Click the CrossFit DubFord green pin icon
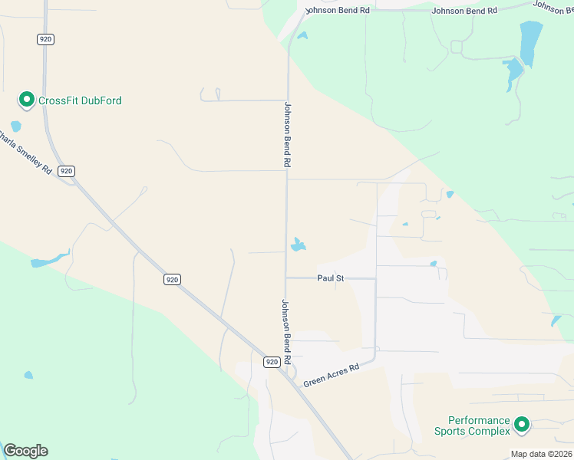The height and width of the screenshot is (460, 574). (26, 100)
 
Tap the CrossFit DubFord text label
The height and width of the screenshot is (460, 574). (80, 100)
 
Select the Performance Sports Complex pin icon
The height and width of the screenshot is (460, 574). (522, 424)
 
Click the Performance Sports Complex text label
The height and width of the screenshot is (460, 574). (479, 426)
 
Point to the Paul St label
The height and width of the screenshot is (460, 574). (331, 278)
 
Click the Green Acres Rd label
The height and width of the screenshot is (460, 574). (331, 374)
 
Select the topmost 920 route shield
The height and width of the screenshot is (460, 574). (45, 38)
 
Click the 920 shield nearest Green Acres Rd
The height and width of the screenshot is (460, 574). (272, 361)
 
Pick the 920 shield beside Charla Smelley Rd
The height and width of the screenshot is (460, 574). (67, 171)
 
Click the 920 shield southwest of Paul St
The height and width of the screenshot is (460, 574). (172, 280)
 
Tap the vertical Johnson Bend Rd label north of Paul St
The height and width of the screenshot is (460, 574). (288, 135)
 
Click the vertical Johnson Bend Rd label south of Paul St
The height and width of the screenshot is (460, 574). (286, 331)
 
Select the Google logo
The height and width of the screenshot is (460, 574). (25, 451)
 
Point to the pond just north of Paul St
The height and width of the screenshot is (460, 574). (299, 245)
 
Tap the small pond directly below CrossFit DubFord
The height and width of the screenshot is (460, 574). (16, 127)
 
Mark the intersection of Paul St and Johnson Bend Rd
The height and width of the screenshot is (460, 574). (286, 278)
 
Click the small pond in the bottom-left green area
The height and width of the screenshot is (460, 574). (28, 375)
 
